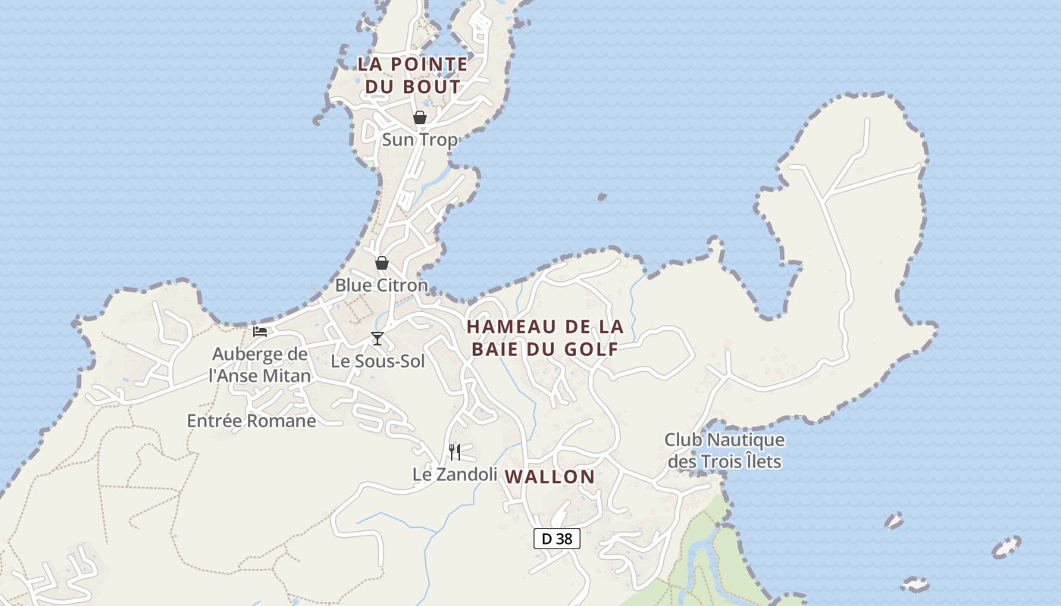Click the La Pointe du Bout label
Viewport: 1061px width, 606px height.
[413, 75]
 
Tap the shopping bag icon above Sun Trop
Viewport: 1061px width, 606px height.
[419, 117]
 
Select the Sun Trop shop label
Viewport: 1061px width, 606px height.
[419, 139]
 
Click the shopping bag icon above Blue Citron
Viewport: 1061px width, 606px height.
[382, 263]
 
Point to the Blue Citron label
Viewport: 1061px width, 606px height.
[381, 286]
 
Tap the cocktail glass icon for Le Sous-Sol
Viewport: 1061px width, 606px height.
[377, 338]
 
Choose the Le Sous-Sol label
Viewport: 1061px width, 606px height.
[378, 361]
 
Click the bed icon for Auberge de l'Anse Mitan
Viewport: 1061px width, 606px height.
[260, 331]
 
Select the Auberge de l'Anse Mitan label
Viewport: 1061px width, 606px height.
[260, 364]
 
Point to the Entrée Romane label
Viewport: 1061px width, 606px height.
[252, 420]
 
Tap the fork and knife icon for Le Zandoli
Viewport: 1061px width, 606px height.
[455, 451]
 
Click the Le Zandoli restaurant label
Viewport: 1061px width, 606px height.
[455, 474]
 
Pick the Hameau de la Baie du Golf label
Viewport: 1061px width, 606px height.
[545, 338]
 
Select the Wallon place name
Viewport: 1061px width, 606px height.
[549, 476]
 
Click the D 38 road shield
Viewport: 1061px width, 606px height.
[557, 539]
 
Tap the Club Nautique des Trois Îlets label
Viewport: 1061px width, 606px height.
[725, 450]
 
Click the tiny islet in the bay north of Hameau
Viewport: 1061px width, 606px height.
[602, 197]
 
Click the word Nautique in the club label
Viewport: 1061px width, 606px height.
[746, 439]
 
